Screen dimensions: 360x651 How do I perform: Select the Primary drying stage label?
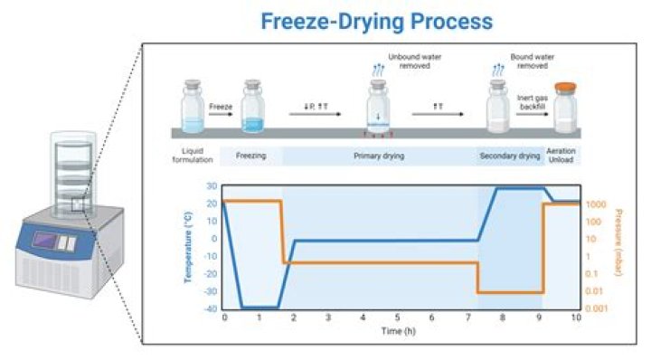click(x=379, y=156)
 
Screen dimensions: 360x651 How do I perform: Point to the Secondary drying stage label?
click(x=508, y=156)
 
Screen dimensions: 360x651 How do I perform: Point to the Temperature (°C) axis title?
click(x=189, y=244)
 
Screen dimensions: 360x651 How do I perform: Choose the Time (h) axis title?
click(x=400, y=333)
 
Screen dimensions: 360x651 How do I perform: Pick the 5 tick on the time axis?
click(x=399, y=319)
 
